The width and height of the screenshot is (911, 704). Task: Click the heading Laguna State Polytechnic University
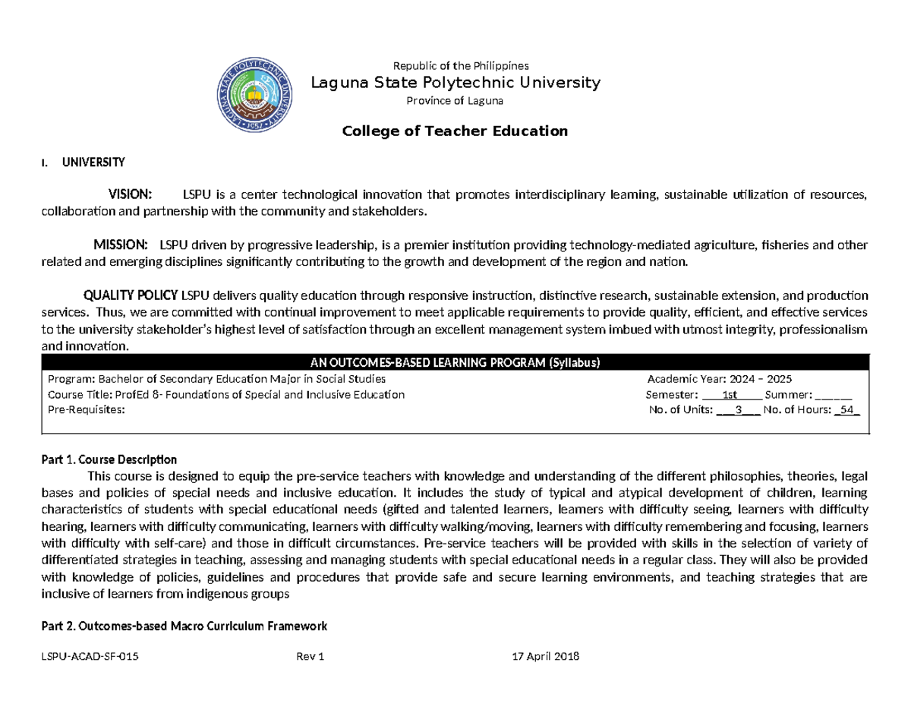[x=455, y=82]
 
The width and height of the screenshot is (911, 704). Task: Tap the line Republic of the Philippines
[x=458, y=65]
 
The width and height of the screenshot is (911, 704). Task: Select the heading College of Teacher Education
[x=455, y=131]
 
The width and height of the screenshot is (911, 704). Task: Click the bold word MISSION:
[x=120, y=245]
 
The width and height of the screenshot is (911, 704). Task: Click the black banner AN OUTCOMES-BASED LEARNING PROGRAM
[x=455, y=362]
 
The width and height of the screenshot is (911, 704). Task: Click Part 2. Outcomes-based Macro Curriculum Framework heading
[x=183, y=627]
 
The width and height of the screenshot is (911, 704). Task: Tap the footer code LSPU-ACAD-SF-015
[x=89, y=657]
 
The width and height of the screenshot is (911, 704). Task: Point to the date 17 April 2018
[x=547, y=657]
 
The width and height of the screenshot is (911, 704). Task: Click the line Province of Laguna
[x=455, y=100]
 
